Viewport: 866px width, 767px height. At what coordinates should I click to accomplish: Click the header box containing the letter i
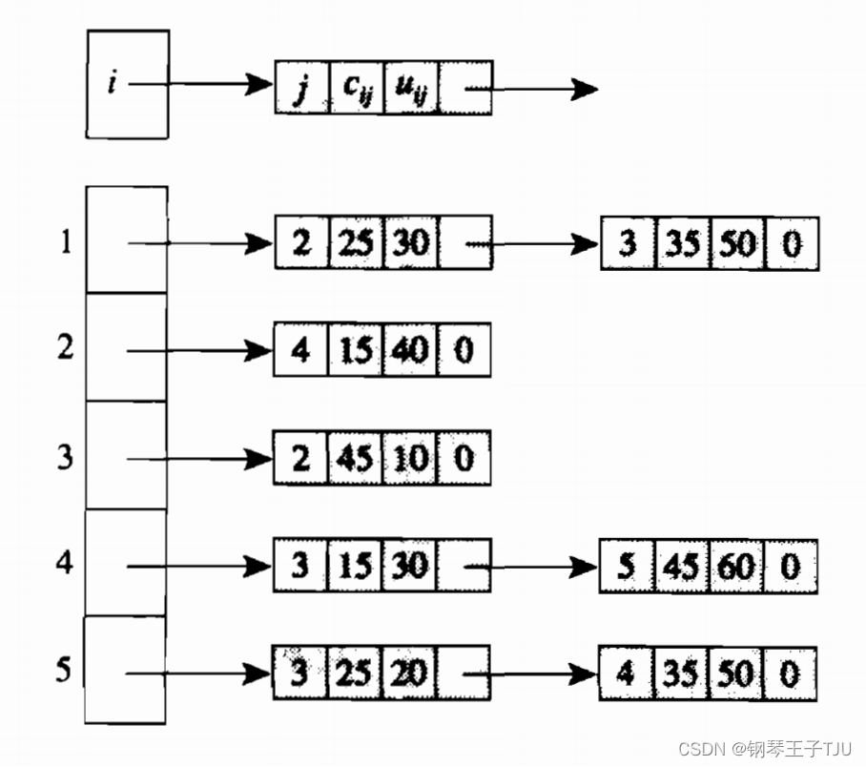click(128, 84)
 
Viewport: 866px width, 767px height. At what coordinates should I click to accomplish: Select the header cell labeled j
click(301, 89)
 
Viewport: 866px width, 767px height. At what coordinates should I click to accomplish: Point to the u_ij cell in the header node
click(410, 89)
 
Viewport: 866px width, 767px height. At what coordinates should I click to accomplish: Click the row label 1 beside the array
click(65, 242)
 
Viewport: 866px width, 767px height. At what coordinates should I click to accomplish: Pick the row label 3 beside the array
click(65, 458)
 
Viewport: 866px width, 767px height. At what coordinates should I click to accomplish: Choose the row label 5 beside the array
click(63, 671)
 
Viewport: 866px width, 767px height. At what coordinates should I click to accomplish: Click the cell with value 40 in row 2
click(410, 351)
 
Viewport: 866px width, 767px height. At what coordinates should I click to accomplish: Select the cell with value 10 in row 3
click(410, 460)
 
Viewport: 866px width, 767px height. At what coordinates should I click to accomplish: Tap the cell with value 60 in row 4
click(734, 568)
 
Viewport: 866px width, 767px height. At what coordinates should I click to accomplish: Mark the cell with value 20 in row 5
click(410, 673)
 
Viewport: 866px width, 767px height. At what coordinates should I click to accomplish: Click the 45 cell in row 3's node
click(355, 460)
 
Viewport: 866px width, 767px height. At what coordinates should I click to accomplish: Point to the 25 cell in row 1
click(355, 243)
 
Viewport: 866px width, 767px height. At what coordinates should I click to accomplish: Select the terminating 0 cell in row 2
click(464, 351)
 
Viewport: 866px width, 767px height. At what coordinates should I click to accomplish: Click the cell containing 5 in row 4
click(627, 568)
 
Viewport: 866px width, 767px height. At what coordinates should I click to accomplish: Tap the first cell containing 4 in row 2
click(301, 351)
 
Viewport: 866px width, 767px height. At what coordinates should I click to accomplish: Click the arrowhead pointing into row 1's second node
click(586, 245)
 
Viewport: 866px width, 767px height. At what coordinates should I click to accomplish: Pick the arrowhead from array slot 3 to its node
click(260, 459)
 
